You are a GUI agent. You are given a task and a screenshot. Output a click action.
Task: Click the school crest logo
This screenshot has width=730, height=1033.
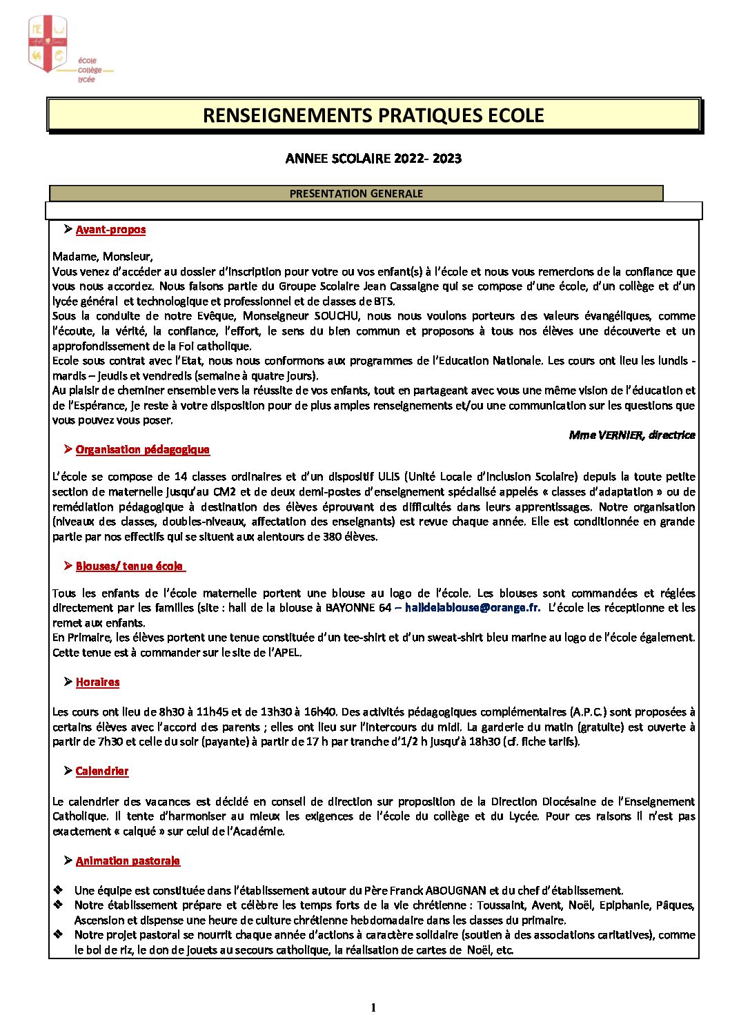(x=48, y=45)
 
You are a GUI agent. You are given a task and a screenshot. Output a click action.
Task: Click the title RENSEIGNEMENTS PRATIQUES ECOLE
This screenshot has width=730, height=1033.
(x=373, y=115)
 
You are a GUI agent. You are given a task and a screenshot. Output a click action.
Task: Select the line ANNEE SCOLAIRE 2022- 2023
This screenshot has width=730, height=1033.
(x=373, y=159)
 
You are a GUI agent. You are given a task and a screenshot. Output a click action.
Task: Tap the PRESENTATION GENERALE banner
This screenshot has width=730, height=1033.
(x=356, y=194)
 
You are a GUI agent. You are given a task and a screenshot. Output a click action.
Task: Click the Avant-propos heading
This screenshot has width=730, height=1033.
(x=110, y=230)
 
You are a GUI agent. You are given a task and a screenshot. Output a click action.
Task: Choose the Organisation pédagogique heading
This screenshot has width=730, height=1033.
(x=142, y=450)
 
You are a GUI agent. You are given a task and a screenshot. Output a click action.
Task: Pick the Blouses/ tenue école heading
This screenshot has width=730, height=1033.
(x=130, y=567)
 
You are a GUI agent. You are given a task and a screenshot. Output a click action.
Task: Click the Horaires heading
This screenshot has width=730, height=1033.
(x=97, y=682)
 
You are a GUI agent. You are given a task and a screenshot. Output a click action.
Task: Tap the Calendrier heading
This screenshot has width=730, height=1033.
(x=102, y=771)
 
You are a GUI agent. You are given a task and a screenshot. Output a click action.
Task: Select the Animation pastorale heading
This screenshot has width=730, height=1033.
(x=128, y=861)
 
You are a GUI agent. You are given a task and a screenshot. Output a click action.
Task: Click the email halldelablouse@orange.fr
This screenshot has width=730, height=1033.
(x=472, y=608)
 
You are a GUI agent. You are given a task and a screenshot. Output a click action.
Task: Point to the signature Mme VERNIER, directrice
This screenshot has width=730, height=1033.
(x=631, y=435)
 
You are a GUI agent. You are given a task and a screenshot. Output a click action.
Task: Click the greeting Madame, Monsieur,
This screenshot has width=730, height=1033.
(x=102, y=257)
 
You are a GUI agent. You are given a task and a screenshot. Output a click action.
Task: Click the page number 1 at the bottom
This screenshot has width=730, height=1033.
(x=373, y=1008)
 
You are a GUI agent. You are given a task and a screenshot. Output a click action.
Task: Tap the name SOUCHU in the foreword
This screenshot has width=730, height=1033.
(x=337, y=316)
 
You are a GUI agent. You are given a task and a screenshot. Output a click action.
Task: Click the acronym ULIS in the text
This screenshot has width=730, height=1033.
(x=388, y=477)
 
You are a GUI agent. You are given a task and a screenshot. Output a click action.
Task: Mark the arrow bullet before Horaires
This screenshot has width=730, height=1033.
(x=68, y=682)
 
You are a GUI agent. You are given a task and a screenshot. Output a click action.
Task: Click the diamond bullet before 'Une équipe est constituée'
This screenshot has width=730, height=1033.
(x=59, y=890)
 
